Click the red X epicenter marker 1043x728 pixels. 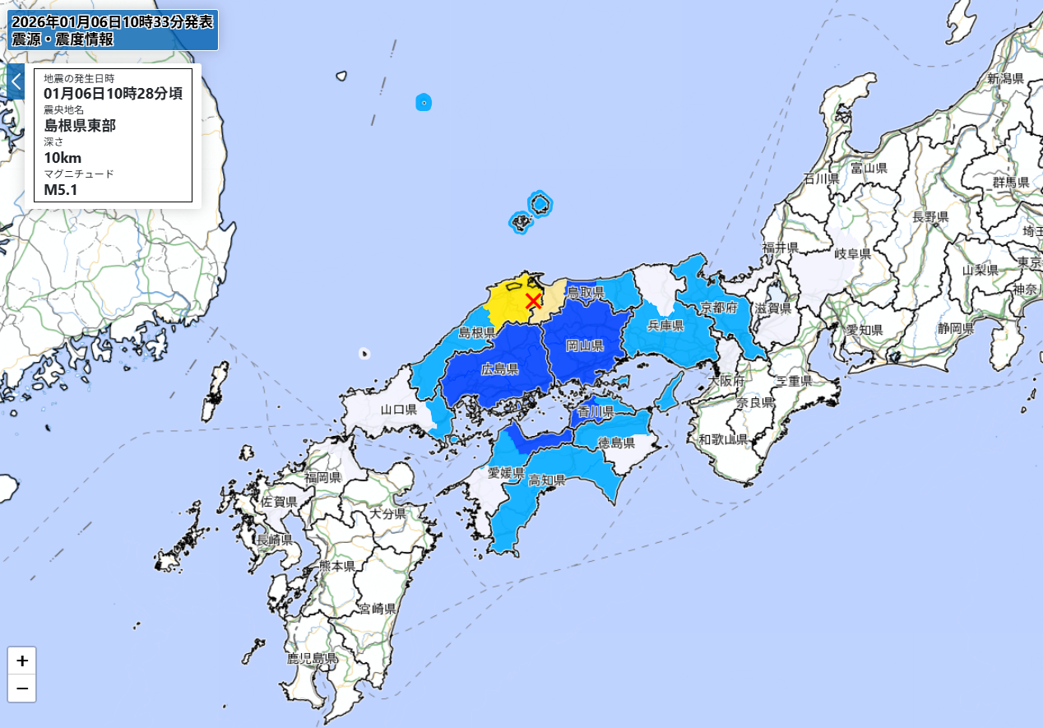click(533, 301)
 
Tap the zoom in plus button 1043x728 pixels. click(22, 661)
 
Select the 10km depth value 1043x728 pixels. click(63, 158)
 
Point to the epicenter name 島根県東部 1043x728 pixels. click(80, 125)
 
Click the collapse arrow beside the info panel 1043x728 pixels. click(16, 81)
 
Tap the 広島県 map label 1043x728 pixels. click(499, 370)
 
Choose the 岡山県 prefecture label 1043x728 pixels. click(585, 345)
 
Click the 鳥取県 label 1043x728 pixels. click(586, 292)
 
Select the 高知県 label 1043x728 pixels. click(545, 480)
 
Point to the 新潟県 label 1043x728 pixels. click(1004, 79)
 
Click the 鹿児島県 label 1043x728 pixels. click(312, 658)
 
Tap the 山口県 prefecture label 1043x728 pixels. click(398, 410)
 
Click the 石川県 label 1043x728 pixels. click(820, 179)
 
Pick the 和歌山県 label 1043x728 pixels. click(721, 440)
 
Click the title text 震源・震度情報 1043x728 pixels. click(63, 39)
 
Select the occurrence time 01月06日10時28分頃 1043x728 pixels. click(113, 93)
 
